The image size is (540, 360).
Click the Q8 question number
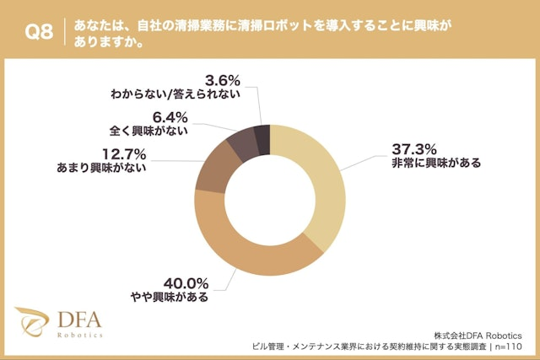click(39, 34)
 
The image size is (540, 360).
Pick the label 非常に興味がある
click(435, 164)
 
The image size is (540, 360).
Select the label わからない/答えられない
click(176, 95)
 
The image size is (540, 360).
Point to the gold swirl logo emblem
click(33, 323)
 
